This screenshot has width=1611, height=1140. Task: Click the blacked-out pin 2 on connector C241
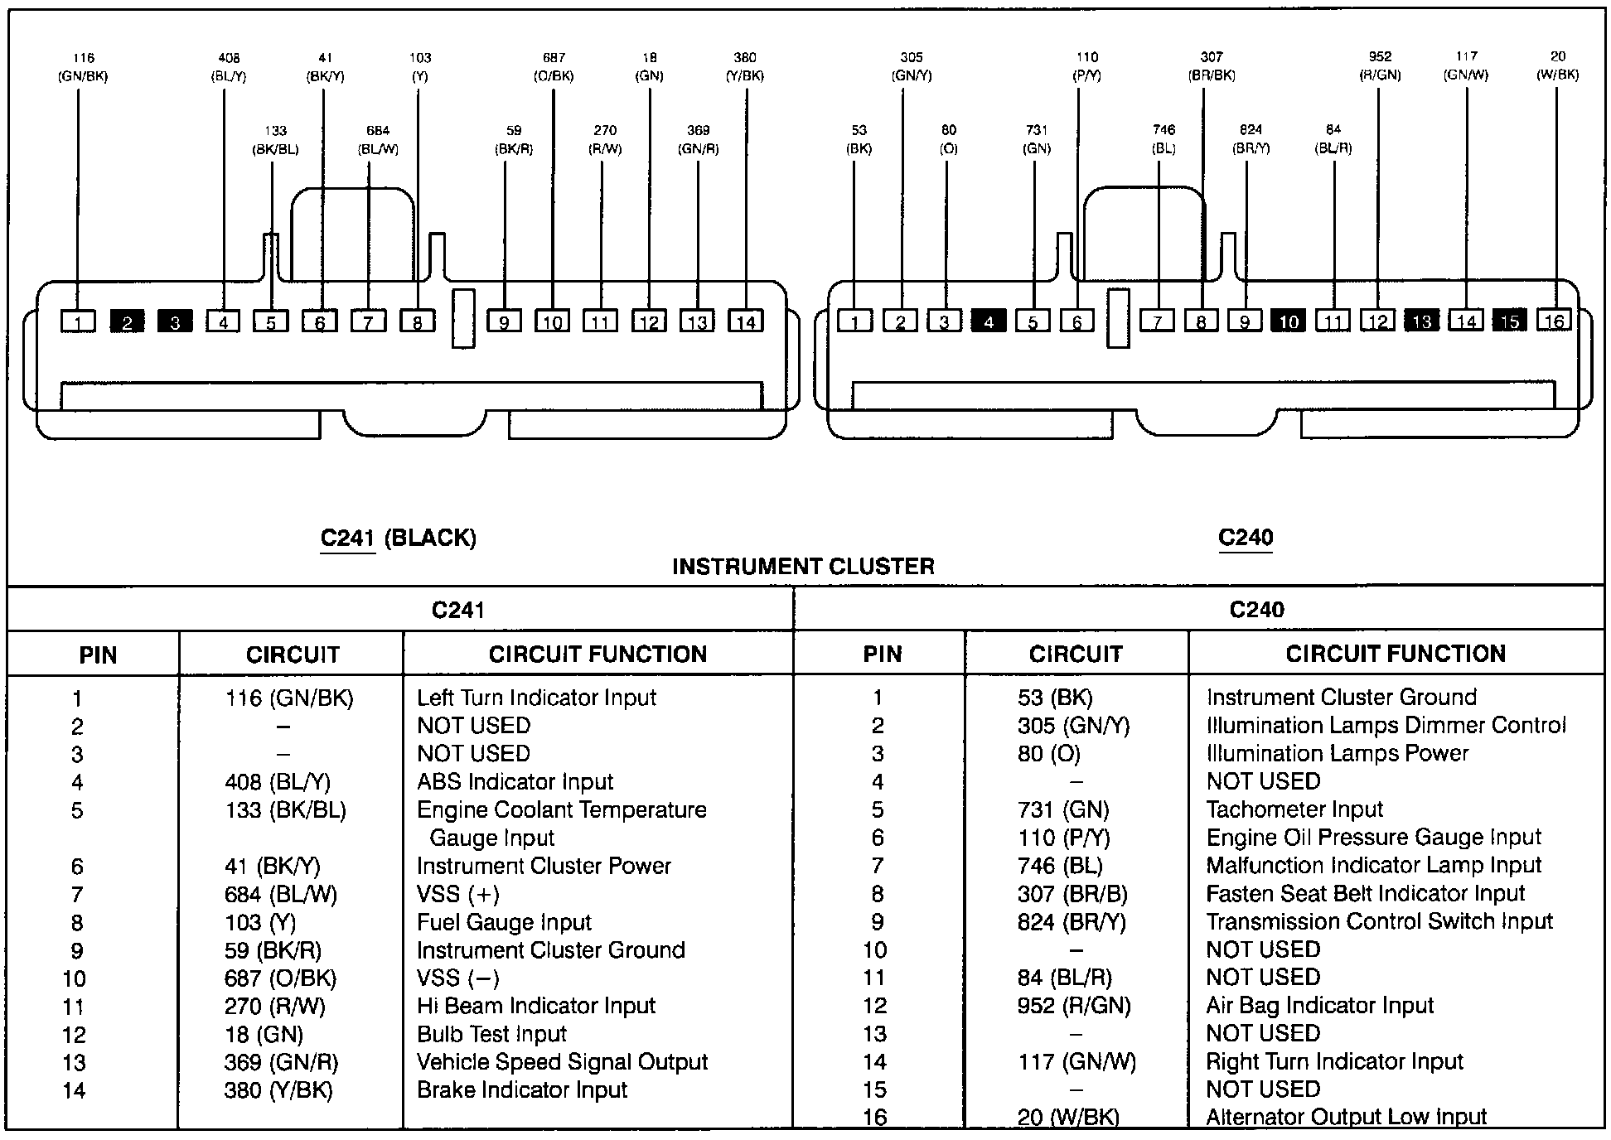pyautogui.click(x=127, y=322)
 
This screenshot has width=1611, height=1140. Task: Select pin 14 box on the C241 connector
pyautogui.click(x=745, y=321)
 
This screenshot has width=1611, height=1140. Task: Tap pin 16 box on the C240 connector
pyautogui.click(x=1554, y=320)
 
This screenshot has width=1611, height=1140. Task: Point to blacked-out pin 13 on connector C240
pyautogui.click(x=1422, y=321)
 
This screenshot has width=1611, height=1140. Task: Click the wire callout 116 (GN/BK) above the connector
pyautogui.click(x=83, y=67)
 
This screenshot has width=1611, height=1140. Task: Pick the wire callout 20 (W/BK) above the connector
pyautogui.click(x=1557, y=65)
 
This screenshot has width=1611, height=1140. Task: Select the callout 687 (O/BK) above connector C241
pyautogui.click(x=554, y=67)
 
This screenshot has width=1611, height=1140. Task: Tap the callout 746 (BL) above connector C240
pyautogui.click(x=1163, y=139)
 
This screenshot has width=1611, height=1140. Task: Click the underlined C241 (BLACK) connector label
pyautogui.click(x=398, y=539)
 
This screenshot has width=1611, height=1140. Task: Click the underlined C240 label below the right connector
pyautogui.click(x=1246, y=538)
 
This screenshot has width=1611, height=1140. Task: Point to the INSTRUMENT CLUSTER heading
pyautogui.click(x=803, y=567)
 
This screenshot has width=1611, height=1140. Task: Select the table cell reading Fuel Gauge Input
pyautogui.click(x=504, y=922)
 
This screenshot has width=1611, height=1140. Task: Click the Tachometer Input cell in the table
pyautogui.click(x=1294, y=809)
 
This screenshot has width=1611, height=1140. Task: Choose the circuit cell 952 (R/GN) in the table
pyautogui.click(x=1074, y=1006)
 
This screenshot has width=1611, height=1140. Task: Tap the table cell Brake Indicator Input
pyautogui.click(x=522, y=1090)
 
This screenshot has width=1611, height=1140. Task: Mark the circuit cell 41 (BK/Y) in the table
pyautogui.click(x=272, y=867)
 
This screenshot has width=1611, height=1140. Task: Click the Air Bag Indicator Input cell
pyautogui.click(x=1319, y=1006)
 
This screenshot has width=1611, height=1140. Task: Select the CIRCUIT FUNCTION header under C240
pyautogui.click(x=1396, y=654)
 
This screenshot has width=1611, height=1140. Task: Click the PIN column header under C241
pyautogui.click(x=98, y=655)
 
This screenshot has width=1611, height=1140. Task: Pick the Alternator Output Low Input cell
pyautogui.click(x=1346, y=1118)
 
